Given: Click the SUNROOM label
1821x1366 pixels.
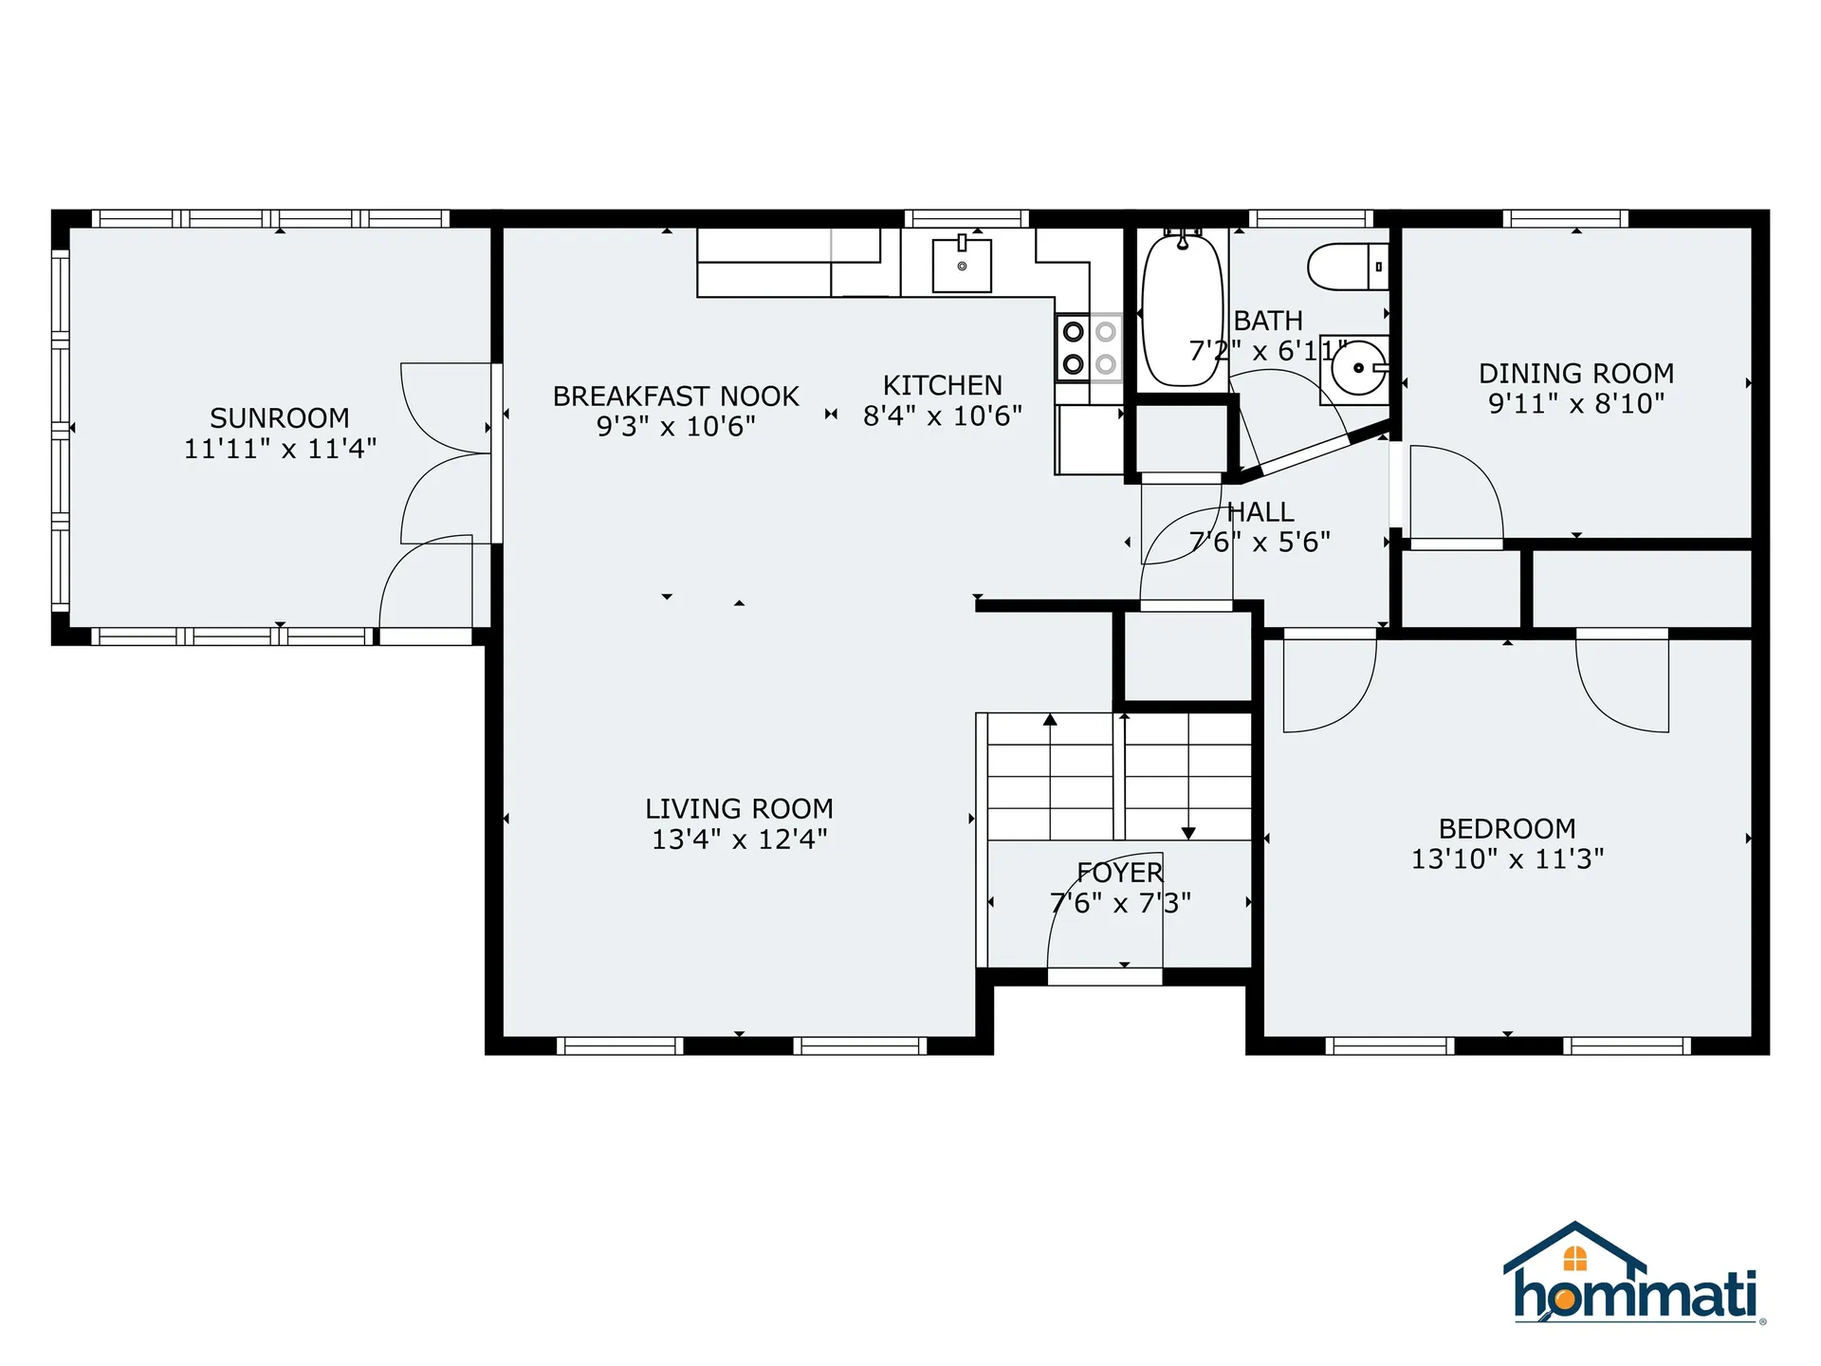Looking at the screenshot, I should pos(280,417).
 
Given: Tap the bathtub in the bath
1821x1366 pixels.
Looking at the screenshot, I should pos(1181,311).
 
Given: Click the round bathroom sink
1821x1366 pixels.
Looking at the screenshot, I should pos(1357,368).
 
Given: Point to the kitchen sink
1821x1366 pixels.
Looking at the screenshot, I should pos(962,266).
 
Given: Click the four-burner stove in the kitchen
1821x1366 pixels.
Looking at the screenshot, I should pos(1089,347).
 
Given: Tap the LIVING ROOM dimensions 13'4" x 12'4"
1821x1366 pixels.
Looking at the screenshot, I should pos(739,840).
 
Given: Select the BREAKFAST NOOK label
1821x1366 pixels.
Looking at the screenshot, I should pos(675,396).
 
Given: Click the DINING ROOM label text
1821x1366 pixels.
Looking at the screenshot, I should pos(1575,373).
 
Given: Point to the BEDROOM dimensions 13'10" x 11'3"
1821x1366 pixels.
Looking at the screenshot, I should pos(1507,858).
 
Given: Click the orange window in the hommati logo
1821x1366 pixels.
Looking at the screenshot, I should pos(1574,1259).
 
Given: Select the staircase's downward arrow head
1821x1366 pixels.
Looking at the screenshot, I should pos(1188,833).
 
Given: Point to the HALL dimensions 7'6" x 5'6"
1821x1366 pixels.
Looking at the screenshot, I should pos(1260,542).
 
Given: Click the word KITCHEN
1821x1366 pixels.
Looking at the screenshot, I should pos(942,385).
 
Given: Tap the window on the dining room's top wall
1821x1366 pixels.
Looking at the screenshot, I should pos(1565,219).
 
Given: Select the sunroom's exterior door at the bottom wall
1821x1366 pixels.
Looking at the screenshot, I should pos(426,636).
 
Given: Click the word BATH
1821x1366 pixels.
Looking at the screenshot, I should pos(1268,321).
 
